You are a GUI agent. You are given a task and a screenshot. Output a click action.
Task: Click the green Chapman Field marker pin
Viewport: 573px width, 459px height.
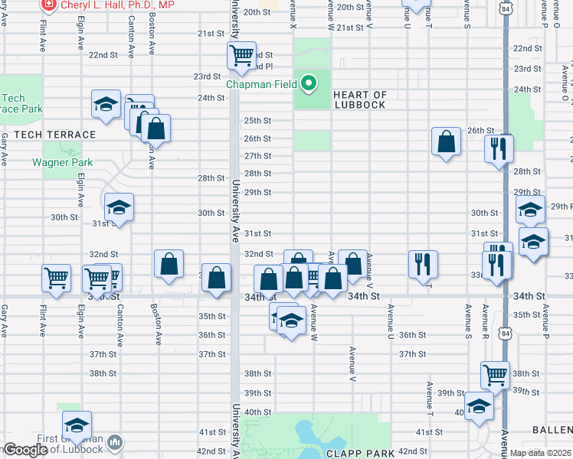pyautogui.click(x=309, y=83)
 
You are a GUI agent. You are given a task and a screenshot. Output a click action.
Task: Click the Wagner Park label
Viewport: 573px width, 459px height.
pyautogui.click(x=62, y=162)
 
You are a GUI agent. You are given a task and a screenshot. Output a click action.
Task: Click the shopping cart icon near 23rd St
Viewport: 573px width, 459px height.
pyautogui.click(x=242, y=55)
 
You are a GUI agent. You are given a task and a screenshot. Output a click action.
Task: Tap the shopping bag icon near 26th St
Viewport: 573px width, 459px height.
pyautogui.click(x=446, y=142)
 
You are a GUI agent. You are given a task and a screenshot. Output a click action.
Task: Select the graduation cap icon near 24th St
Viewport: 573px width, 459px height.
pyautogui.click(x=106, y=104)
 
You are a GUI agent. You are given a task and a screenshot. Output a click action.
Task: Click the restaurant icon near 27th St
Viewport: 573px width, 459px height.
pyautogui.click(x=499, y=147)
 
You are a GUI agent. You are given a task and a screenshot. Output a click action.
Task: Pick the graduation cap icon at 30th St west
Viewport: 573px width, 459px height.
pyautogui.click(x=119, y=207)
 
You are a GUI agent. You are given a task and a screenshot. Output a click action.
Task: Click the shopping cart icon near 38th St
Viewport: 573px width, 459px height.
pyautogui.click(x=496, y=375)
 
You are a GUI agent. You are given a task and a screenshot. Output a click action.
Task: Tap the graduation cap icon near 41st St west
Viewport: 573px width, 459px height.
pyautogui.click(x=77, y=425)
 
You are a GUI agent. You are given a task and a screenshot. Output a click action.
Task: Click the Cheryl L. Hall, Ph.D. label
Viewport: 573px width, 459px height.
pyautogui.click(x=117, y=5)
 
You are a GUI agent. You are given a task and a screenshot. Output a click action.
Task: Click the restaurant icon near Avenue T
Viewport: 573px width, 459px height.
pyautogui.click(x=423, y=264)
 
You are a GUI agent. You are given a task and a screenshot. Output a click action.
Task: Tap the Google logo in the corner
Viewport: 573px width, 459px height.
pyautogui.click(x=26, y=450)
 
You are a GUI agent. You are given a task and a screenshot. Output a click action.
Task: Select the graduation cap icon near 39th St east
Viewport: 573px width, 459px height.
pyautogui.click(x=479, y=405)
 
